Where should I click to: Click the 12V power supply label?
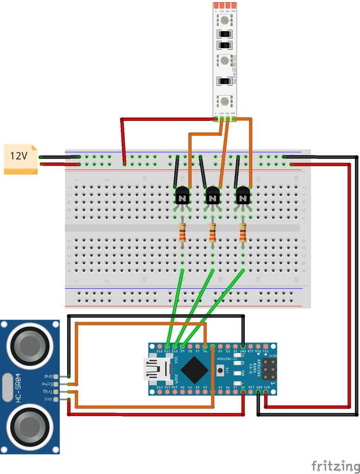tap(19, 156)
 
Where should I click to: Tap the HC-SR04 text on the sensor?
tap(18, 387)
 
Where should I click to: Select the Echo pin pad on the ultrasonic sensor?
tap(56, 384)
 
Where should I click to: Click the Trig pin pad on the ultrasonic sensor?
tap(56, 392)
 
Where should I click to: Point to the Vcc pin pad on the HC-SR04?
tap(56, 399)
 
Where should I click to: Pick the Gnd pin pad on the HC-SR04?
tap(56, 376)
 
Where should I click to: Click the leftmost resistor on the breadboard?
tap(182, 232)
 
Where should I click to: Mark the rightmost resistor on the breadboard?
tap(243, 232)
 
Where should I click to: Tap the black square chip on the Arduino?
tap(194, 369)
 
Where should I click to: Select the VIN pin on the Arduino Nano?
tap(266, 393)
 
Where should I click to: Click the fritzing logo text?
tap(335, 465)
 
